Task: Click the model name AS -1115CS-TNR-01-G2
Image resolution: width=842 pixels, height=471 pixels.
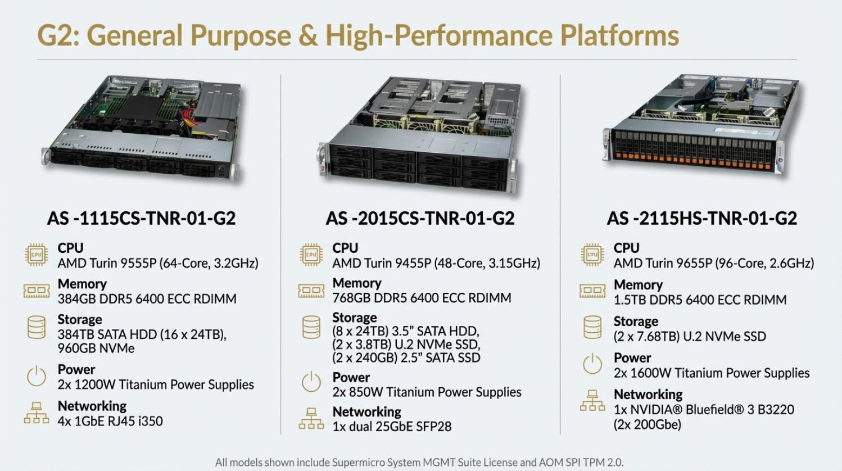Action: pyautogui.click(x=141, y=218)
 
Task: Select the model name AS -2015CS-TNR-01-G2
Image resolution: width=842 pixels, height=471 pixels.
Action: pyautogui.click(x=420, y=218)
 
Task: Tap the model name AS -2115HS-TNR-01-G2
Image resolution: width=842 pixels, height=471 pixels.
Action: pyautogui.click(x=701, y=218)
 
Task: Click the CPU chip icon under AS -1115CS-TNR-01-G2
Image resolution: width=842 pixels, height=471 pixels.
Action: pyautogui.click(x=37, y=255)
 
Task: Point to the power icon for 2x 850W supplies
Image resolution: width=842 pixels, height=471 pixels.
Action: pyautogui.click(x=311, y=383)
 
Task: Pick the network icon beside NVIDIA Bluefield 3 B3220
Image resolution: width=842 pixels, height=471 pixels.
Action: pyautogui.click(x=592, y=401)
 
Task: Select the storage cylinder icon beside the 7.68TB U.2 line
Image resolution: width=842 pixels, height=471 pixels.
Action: pyautogui.click(x=592, y=327)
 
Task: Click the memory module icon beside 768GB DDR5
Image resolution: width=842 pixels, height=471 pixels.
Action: pyautogui.click(x=311, y=291)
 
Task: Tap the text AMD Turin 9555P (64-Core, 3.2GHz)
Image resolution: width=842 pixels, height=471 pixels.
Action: pyautogui.click(x=158, y=263)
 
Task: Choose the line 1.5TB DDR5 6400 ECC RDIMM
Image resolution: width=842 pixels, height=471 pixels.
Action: pyautogui.click(x=700, y=300)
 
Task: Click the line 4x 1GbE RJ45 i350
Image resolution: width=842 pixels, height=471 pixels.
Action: pyautogui.click(x=110, y=421)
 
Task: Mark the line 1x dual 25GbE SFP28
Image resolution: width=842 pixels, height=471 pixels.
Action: pyautogui.click(x=392, y=427)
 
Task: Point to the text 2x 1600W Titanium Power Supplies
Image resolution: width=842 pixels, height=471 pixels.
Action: pyautogui.click(x=712, y=373)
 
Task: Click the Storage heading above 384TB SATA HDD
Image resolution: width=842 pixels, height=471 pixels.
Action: pyautogui.click(x=80, y=319)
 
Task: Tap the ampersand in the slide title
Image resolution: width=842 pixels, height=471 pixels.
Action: pyautogui.click(x=308, y=35)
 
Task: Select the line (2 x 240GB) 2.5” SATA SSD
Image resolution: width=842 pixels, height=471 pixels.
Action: pyautogui.click(x=406, y=357)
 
